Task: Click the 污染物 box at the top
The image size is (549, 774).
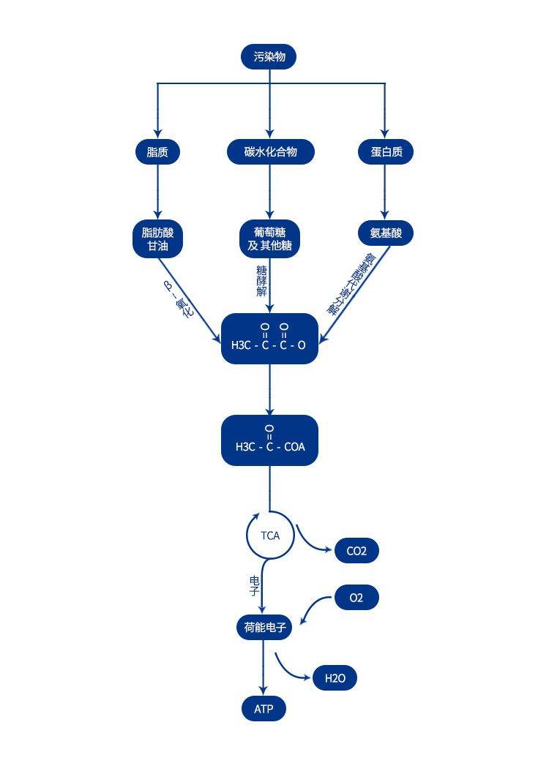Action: click(269, 56)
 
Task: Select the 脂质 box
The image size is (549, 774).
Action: click(157, 152)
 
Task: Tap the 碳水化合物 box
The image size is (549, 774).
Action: click(270, 152)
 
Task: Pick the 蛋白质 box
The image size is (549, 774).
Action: click(386, 152)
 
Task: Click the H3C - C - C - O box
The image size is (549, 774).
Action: click(269, 339)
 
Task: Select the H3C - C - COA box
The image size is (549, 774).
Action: click(269, 440)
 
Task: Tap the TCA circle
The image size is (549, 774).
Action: click(269, 536)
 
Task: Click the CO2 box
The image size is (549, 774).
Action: click(356, 551)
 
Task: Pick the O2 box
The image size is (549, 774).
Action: click(356, 598)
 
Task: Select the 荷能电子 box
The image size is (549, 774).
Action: click(264, 627)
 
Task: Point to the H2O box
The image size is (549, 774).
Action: click(335, 678)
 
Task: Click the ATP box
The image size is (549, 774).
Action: click(264, 708)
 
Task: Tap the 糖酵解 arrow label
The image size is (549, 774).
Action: click(261, 281)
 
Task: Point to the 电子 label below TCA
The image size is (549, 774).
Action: click(254, 585)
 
